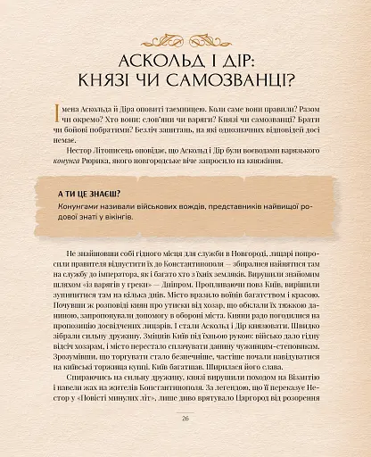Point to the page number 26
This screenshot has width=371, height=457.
pos(185,441)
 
